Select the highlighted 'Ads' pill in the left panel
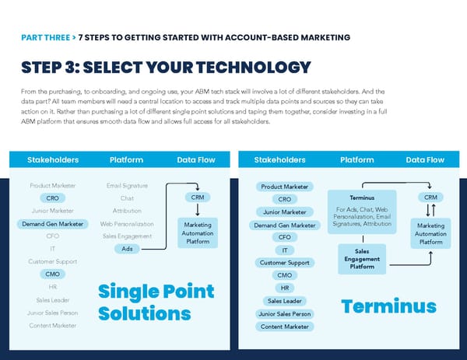click(126, 249)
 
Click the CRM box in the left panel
click(198, 197)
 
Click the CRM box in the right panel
click(430, 197)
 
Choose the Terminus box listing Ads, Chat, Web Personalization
click(362, 211)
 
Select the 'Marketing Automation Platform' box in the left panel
click(198, 233)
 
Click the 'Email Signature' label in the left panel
click(126, 186)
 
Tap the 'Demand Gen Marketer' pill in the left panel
click(52, 224)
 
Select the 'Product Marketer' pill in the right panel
click(284, 187)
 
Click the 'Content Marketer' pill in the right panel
click(284, 327)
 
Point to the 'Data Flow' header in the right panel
click(425, 160)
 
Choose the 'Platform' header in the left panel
click(126, 160)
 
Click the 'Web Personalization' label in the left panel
click(127, 224)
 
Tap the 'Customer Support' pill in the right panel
click(284, 263)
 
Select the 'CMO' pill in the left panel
click(53, 274)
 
